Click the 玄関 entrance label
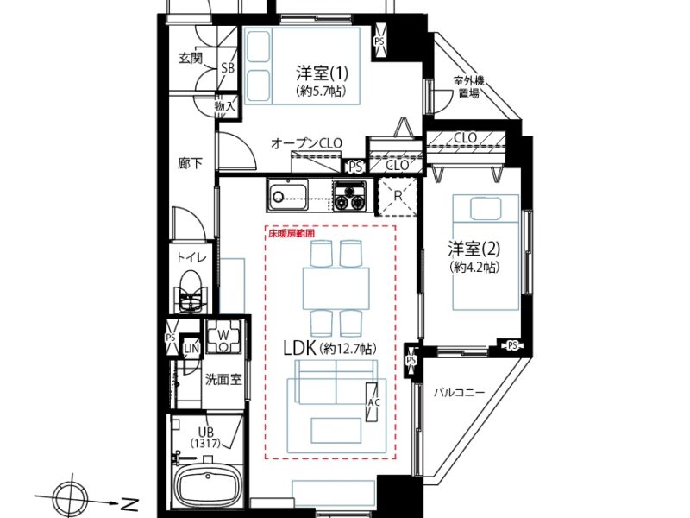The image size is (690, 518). pyautogui.click(x=190, y=59)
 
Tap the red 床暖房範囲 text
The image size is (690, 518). pyautogui.click(x=292, y=233)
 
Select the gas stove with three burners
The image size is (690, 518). pyautogui.click(x=349, y=196)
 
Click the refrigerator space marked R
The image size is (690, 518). pyautogui.click(x=397, y=196)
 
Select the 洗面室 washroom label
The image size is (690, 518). pyautogui.click(x=223, y=379)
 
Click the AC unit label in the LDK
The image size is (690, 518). pyautogui.click(x=373, y=404)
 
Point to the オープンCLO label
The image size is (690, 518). pyautogui.click(x=306, y=142)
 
